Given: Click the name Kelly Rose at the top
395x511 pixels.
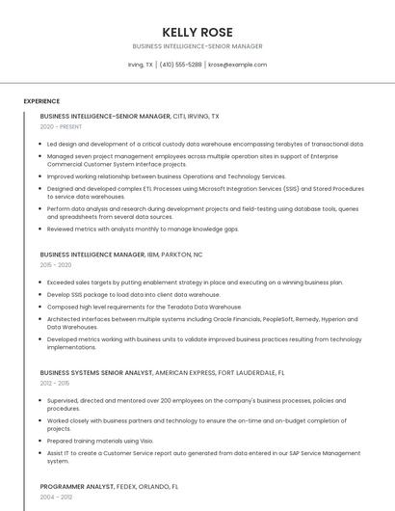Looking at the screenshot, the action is [197, 32].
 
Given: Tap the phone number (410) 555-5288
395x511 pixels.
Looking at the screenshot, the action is [180, 65].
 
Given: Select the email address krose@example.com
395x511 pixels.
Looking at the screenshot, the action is [237, 65].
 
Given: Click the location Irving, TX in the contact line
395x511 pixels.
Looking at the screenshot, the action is [140, 65].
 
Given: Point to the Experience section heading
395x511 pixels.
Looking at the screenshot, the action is [41, 101].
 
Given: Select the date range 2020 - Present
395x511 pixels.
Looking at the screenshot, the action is [62, 126].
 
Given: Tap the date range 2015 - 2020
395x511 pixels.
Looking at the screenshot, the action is [56, 265].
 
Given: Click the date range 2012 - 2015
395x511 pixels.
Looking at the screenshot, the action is [56, 383].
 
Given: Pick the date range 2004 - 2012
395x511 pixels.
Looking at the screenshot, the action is [56, 498].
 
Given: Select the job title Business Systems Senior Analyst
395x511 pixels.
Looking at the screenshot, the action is [95, 372].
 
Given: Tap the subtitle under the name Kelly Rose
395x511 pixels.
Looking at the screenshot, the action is [197, 46].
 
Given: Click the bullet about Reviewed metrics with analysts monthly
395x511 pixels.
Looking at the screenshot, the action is [143, 229].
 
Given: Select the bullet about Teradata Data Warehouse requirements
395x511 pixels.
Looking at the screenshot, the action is [144, 306].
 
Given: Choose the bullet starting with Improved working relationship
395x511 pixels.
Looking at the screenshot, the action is [166, 176].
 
